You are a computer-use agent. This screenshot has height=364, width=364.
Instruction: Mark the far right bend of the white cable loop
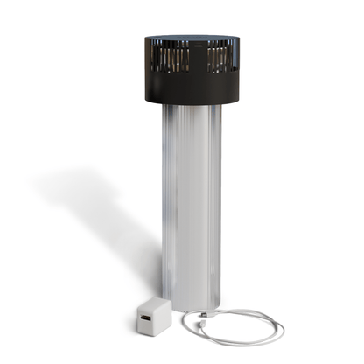tap(282, 328)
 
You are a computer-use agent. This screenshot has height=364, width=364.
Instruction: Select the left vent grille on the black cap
tap(172, 59)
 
